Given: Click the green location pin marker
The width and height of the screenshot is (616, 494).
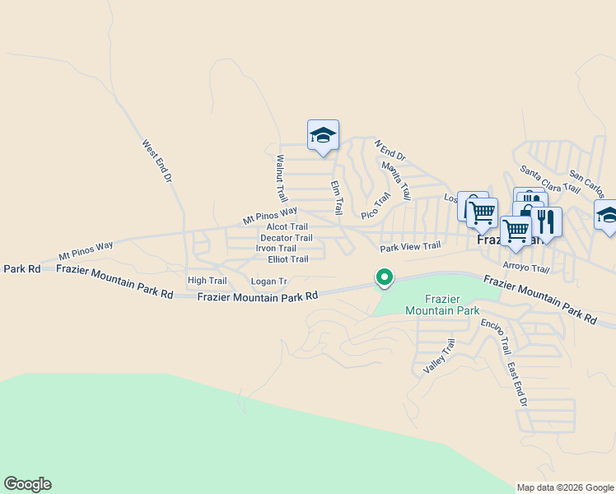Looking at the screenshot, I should pyautogui.click(x=383, y=278).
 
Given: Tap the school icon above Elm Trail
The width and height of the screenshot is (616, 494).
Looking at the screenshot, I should pyautogui.click(x=323, y=136).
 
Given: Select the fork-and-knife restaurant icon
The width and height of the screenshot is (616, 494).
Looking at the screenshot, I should pyautogui.click(x=544, y=221).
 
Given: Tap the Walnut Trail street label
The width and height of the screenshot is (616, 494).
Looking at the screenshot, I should pyautogui.click(x=282, y=179).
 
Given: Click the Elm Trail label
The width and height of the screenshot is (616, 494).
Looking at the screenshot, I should pyautogui.click(x=336, y=198).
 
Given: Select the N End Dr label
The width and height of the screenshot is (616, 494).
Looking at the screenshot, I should pyautogui.click(x=390, y=150).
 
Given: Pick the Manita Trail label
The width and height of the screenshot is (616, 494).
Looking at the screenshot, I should pyautogui.click(x=396, y=180).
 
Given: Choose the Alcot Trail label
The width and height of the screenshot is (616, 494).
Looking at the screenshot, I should pyautogui.click(x=287, y=227).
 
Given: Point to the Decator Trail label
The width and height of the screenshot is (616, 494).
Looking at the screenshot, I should pyautogui.click(x=286, y=238).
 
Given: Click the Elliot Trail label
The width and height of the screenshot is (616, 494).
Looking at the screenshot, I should pyautogui.click(x=288, y=259).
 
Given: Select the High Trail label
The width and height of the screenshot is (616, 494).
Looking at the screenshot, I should pyautogui.click(x=207, y=281).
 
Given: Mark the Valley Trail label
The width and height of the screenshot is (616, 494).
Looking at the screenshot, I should pyautogui.click(x=439, y=358).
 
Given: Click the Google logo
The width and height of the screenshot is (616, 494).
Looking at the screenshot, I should pyautogui.click(x=27, y=484).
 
